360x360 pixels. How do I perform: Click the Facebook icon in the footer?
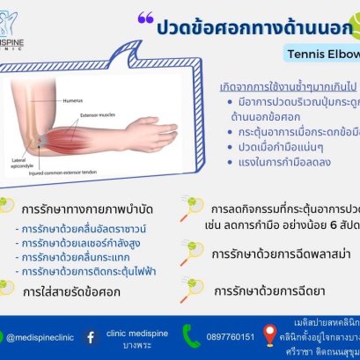tap(91, 335)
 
